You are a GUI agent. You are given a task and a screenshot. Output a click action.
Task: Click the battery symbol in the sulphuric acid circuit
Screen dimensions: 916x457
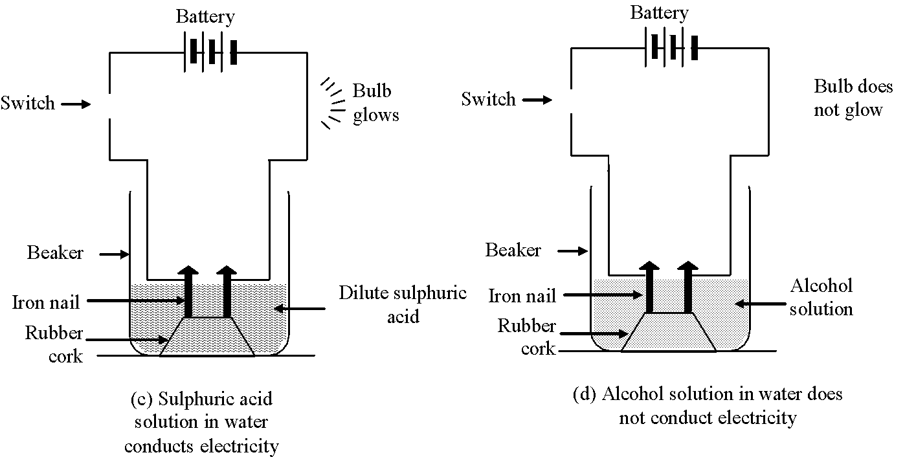tap(210, 52)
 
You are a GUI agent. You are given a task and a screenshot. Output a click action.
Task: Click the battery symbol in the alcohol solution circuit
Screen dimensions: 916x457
tap(671, 47)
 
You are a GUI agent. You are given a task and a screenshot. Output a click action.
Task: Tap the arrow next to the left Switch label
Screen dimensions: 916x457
tap(76, 104)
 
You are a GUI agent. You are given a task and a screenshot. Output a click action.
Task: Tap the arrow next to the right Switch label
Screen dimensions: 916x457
tap(537, 99)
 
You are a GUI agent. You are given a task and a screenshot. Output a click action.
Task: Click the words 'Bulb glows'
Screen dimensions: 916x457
tap(375, 103)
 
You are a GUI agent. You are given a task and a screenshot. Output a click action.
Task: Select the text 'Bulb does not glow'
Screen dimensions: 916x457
tap(853, 98)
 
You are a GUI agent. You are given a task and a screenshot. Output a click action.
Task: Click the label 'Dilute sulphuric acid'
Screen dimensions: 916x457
tap(403, 304)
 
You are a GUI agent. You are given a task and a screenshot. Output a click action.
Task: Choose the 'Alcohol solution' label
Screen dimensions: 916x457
tap(821, 297)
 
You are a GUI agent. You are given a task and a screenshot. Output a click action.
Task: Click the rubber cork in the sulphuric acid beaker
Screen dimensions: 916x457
tap(207, 337)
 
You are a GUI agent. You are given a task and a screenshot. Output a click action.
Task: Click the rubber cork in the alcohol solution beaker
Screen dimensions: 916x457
tap(669, 332)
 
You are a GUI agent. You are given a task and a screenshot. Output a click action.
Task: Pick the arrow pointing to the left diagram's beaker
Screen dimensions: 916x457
tap(114, 254)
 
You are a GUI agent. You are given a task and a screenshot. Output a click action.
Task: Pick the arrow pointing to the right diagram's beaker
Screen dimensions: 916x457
tap(573, 251)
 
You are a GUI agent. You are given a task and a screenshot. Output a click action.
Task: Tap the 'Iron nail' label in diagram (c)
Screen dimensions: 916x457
tap(46, 302)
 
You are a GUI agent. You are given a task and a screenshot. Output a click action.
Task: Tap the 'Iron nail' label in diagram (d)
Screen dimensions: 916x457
tap(522, 296)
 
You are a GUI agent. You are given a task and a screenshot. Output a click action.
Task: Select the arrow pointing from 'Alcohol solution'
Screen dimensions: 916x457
tap(760, 304)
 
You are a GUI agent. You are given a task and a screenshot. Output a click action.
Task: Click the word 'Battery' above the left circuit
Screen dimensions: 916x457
tap(205, 17)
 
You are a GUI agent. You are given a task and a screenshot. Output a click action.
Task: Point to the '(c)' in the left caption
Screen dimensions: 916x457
tap(142, 399)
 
